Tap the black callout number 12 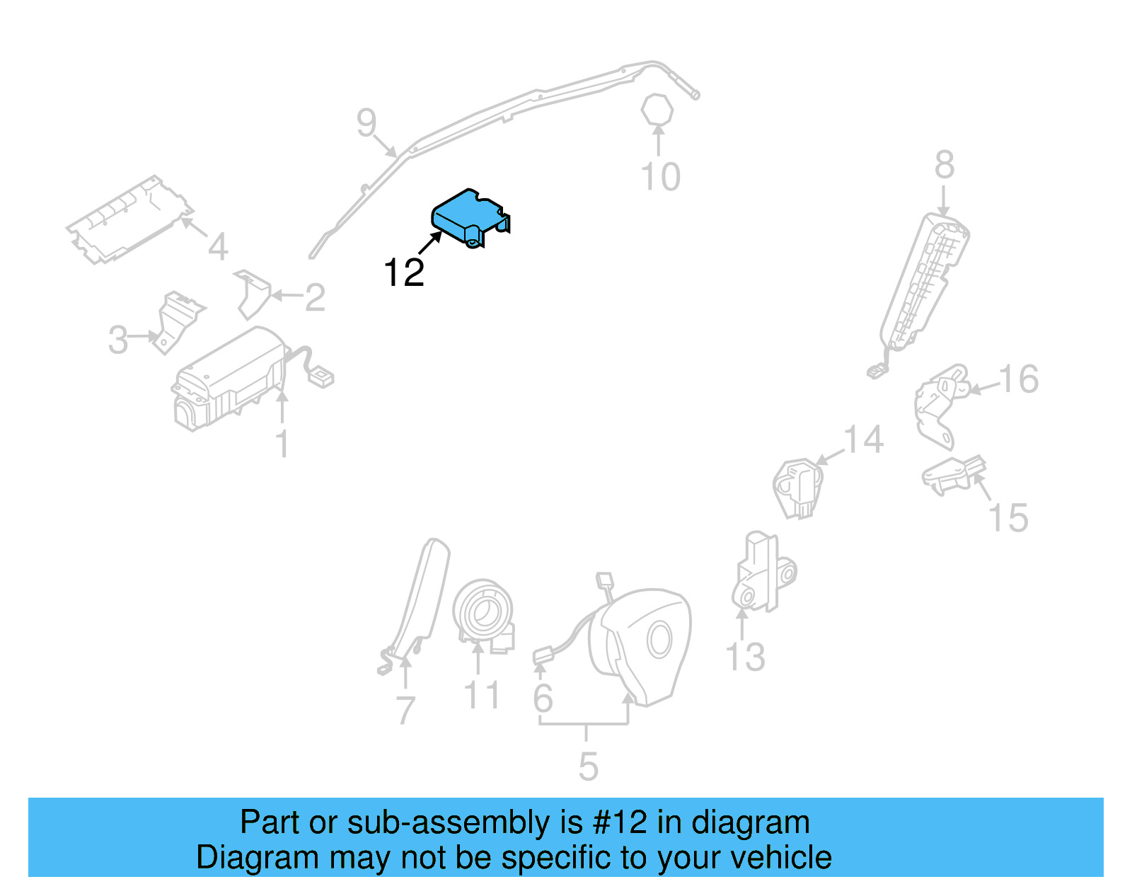point(404,272)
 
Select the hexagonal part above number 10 point(657,110)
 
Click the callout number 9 point(366,123)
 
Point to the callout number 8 point(944,165)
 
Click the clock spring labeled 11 point(484,612)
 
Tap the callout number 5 point(588,767)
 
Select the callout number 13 point(746,658)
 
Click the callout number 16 point(1018,379)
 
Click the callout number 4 point(218,247)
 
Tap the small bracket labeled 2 point(253,293)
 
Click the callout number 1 point(282,444)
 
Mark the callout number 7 point(405,710)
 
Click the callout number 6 point(543,699)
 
